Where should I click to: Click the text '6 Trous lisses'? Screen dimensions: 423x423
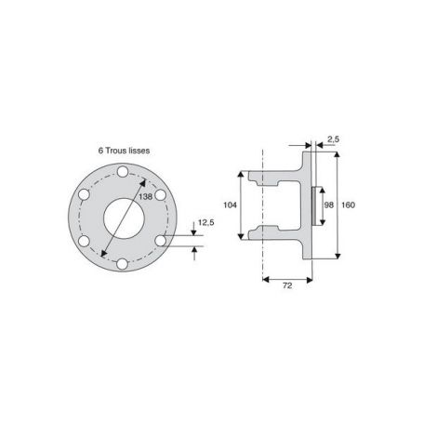(124, 151)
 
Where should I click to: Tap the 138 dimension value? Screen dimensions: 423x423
(146, 196)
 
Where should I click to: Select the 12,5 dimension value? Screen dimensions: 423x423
(206, 222)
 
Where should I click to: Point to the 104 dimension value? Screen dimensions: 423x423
(230, 205)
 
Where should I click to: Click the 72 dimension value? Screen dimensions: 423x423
(287, 285)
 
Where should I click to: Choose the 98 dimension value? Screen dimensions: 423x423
(329, 205)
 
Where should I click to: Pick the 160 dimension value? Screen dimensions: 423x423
(349, 205)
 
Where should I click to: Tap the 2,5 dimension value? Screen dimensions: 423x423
(333, 139)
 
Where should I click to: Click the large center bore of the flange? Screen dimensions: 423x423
(124, 218)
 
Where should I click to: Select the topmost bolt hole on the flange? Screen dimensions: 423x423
(123, 171)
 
